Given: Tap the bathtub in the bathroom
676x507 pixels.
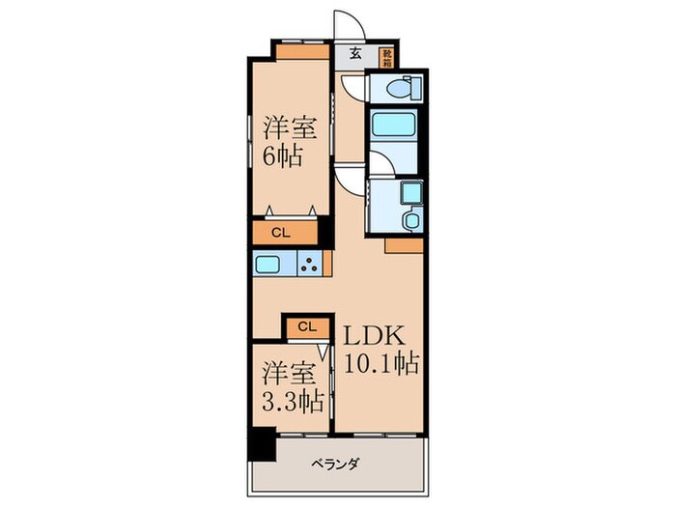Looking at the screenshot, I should [394, 126].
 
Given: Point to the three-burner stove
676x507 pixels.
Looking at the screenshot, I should [311, 264].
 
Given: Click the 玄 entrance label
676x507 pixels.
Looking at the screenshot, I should [355, 54].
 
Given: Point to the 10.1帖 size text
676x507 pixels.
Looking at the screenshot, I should [379, 365].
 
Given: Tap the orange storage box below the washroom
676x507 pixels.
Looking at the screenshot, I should [403, 246].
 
